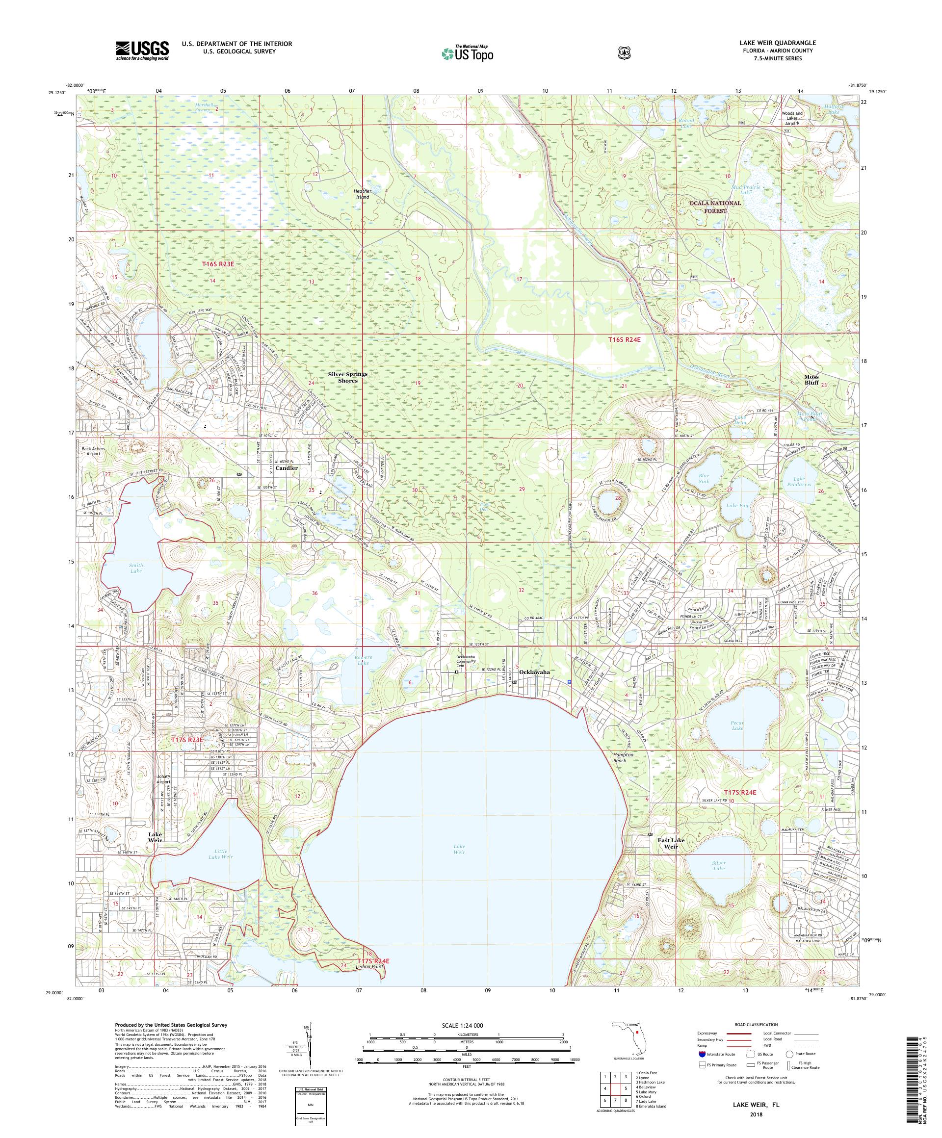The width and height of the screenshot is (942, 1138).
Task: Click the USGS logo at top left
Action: click(142, 51)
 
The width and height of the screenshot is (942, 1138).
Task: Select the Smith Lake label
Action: click(136, 568)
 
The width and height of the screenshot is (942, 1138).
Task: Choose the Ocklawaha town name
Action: click(534, 672)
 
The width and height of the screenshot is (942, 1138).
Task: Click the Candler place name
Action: click(287, 467)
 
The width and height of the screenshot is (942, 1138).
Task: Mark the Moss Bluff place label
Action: click(811, 379)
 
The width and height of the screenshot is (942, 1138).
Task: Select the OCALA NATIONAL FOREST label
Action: click(714, 207)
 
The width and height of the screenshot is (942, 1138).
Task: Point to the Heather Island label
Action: click(362, 194)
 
